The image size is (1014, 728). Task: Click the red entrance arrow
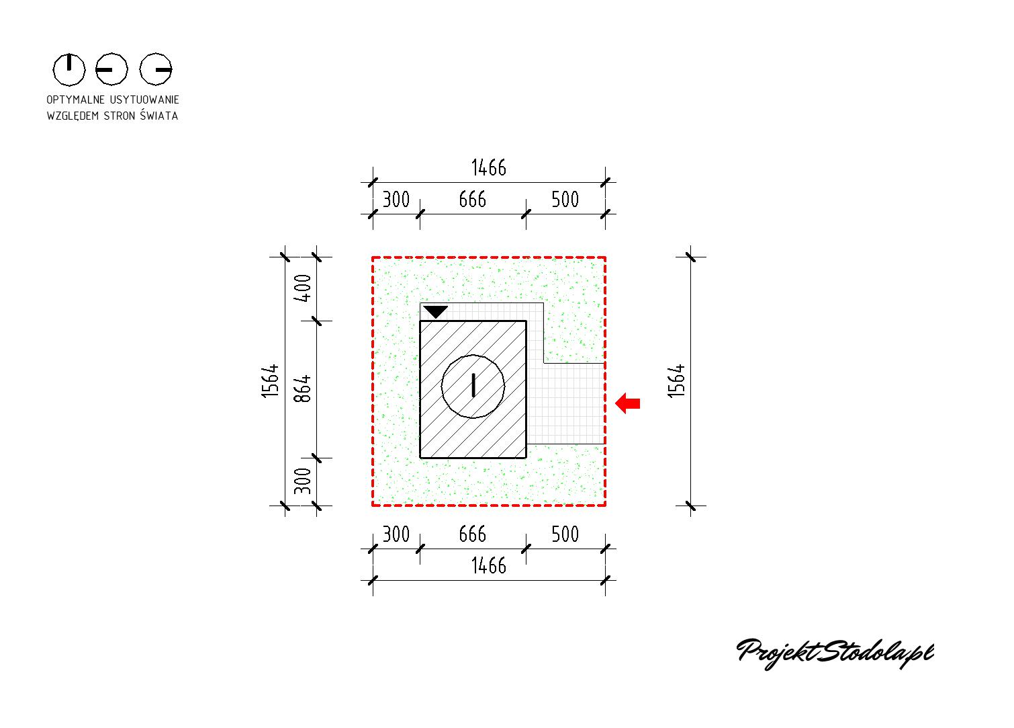tap(627, 403)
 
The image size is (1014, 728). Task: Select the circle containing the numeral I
tap(473, 387)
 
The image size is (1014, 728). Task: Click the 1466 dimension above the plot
tap(489, 167)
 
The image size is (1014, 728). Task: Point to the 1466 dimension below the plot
tap(489, 566)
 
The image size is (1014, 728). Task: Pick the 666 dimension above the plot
tap(473, 200)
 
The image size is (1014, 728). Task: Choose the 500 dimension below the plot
tap(565, 534)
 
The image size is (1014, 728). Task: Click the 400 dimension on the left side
tap(303, 288)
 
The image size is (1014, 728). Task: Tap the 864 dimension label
tap(303, 389)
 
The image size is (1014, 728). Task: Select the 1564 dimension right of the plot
tap(677, 381)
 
